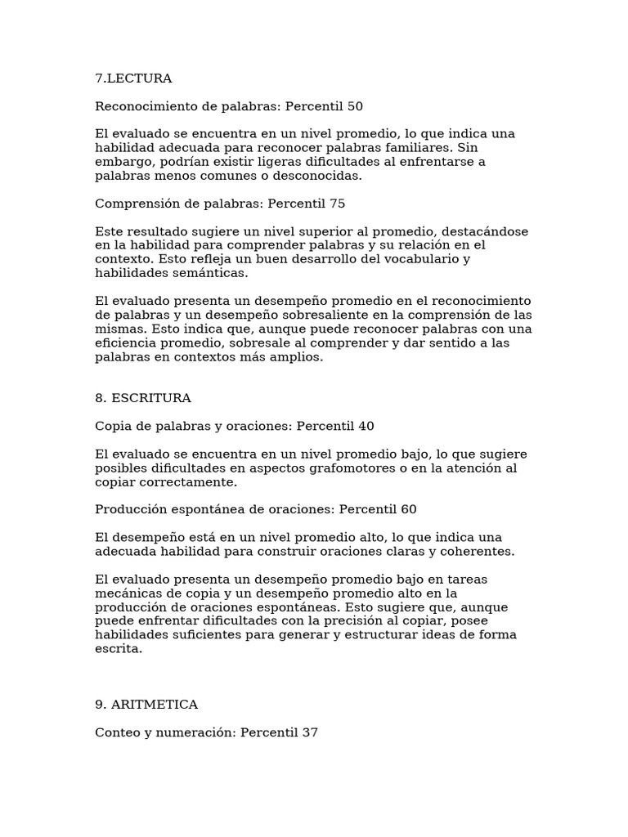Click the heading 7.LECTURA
tap(133, 78)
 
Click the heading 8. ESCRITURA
tap(143, 398)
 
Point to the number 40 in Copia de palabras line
tap(366, 426)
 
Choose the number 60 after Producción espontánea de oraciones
tap(408, 509)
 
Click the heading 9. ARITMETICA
tap(146, 705)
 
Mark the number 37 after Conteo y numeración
tap(309, 732)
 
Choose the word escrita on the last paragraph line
tap(119, 648)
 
